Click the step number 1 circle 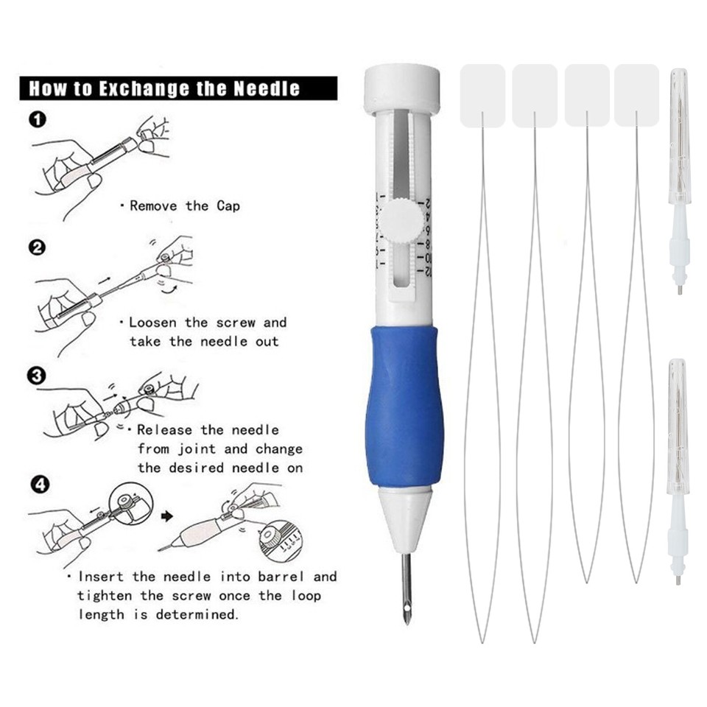[x=38, y=119]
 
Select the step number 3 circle [x=38, y=376]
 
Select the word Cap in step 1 [x=228, y=206]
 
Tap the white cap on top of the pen [x=402, y=88]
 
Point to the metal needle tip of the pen [x=406, y=589]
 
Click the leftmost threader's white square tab [x=482, y=95]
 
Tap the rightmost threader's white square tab [x=636, y=95]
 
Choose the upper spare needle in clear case [x=678, y=180]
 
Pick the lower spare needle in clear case [x=678, y=471]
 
